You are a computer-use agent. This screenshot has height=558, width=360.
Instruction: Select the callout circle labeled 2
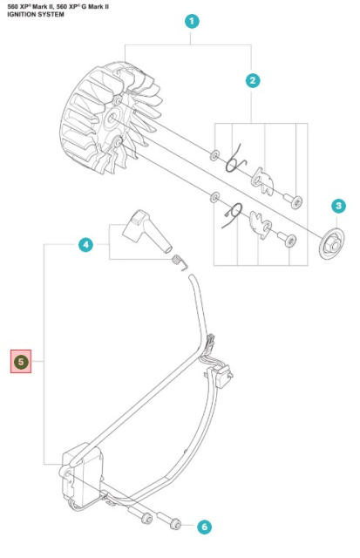point(252,81)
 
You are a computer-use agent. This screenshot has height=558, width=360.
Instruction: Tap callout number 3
point(337,206)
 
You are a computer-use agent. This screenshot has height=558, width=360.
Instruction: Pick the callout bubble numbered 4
point(85,245)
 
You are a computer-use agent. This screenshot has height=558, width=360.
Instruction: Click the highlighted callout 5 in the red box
point(21,361)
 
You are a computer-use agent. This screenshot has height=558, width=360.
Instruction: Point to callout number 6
point(203,527)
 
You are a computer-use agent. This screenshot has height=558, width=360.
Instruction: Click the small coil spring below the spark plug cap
point(179,261)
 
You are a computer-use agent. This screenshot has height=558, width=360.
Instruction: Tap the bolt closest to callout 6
point(174,523)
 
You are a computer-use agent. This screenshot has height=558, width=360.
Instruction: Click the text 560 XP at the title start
point(19,6)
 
